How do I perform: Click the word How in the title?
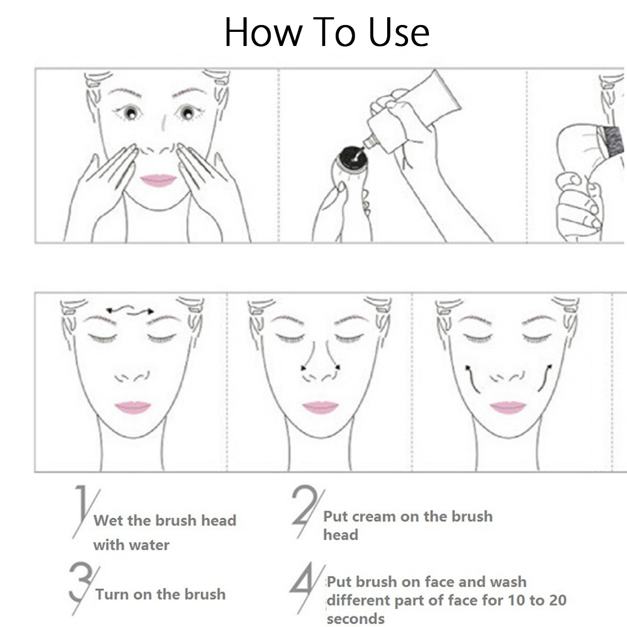pos(262,32)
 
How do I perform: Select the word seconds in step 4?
pos(356,618)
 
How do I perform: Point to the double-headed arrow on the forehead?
pos(130,309)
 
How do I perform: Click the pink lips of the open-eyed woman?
pos(158,181)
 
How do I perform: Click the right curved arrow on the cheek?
pos(544,378)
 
